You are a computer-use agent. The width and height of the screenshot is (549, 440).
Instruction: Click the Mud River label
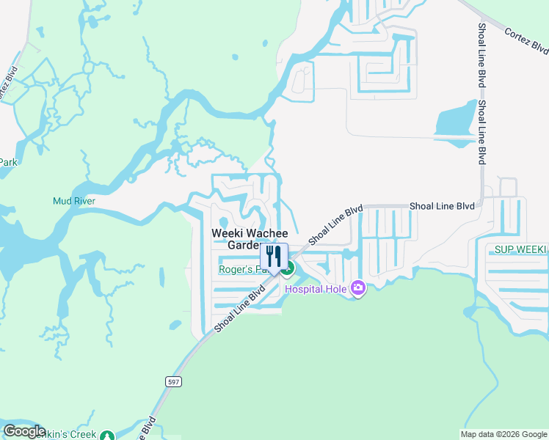coord(74,201)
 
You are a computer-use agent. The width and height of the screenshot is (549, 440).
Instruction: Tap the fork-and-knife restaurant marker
coord(274,257)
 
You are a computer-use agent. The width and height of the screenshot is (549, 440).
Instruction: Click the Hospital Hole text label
coord(316,289)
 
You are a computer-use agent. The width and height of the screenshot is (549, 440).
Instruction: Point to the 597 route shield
coord(171,382)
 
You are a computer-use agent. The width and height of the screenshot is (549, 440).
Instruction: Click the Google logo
coord(24,431)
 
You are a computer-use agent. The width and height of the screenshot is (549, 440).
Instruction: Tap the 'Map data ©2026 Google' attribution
coord(503,435)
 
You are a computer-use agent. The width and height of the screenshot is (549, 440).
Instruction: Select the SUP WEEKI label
coord(520,249)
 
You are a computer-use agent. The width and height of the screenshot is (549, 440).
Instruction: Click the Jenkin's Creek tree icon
coord(108,435)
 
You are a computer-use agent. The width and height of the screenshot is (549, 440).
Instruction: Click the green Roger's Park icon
coord(288,269)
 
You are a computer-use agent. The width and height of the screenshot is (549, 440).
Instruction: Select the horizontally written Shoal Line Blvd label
coord(442,207)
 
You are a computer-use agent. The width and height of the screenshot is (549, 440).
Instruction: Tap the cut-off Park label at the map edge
coord(7,162)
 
